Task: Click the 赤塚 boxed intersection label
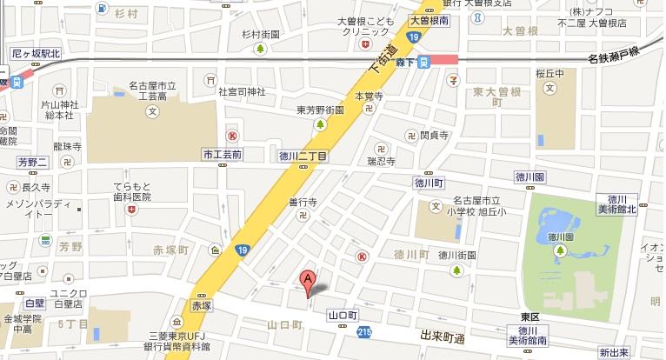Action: coord(202,306)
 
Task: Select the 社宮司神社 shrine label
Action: coord(241,90)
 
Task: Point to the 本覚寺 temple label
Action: coord(369,97)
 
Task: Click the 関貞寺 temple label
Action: coord(433,135)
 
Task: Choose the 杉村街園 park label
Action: coord(262,34)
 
